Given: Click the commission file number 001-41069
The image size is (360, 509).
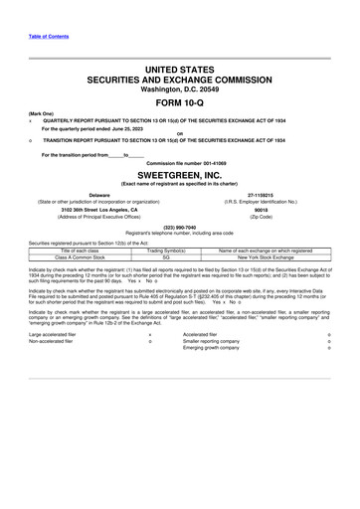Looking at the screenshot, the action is (221, 161).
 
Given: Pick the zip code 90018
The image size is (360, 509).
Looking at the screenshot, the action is (262, 210).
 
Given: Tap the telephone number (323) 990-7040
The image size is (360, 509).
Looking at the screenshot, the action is (180, 226).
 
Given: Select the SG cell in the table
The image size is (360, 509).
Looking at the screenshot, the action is (180, 256).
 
